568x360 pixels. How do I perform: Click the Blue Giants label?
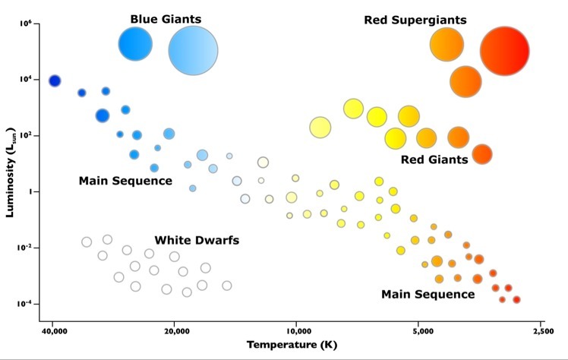(166, 17)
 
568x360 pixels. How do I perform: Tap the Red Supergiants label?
(415, 20)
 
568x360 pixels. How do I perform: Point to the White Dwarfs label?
(197, 240)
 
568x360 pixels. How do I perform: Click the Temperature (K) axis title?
(292, 345)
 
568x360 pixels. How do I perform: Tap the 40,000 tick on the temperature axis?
(52, 331)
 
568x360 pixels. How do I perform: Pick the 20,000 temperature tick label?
(175, 331)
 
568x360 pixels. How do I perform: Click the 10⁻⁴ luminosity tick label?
(27, 304)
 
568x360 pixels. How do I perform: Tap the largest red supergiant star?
(504, 51)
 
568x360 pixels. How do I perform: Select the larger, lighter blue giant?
(193, 50)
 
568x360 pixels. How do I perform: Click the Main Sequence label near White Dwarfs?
(125, 182)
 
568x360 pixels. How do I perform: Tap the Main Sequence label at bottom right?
(428, 294)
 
